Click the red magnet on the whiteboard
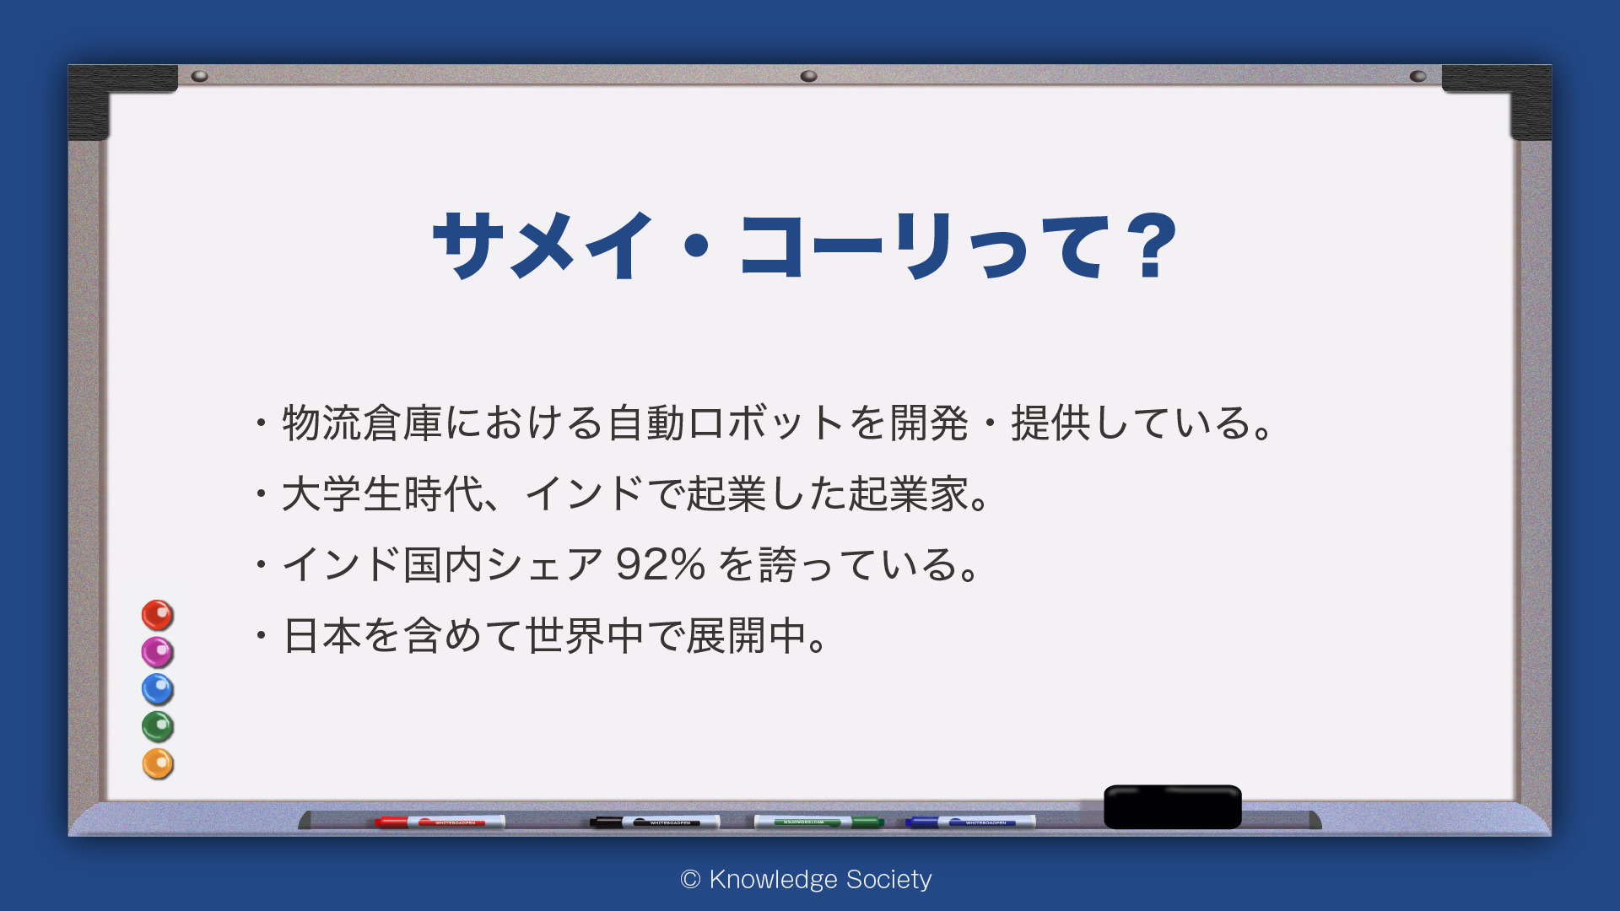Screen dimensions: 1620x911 [x=157, y=615]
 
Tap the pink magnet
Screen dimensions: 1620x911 [x=157, y=652]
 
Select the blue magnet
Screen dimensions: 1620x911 [x=157, y=689]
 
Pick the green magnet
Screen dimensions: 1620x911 [x=157, y=726]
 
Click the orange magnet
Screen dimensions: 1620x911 [x=157, y=763]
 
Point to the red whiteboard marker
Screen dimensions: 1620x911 [x=440, y=822]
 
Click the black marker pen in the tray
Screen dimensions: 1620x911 [x=655, y=822]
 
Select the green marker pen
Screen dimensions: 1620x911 [x=818, y=822]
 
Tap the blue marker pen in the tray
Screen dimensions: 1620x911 [x=970, y=822]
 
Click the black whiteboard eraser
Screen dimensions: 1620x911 [x=1173, y=807]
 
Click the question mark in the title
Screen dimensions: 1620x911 [x=1155, y=245]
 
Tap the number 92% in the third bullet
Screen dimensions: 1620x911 [x=660, y=564]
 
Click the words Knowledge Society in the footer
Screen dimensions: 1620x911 [x=820, y=879]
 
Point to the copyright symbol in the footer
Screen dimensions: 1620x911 [x=690, y=880]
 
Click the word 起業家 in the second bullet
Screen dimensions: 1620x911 [x=909, y=493]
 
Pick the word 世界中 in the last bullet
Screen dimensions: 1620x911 [x=585, y=635]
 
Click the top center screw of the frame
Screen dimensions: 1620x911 [x=808, y=76]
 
